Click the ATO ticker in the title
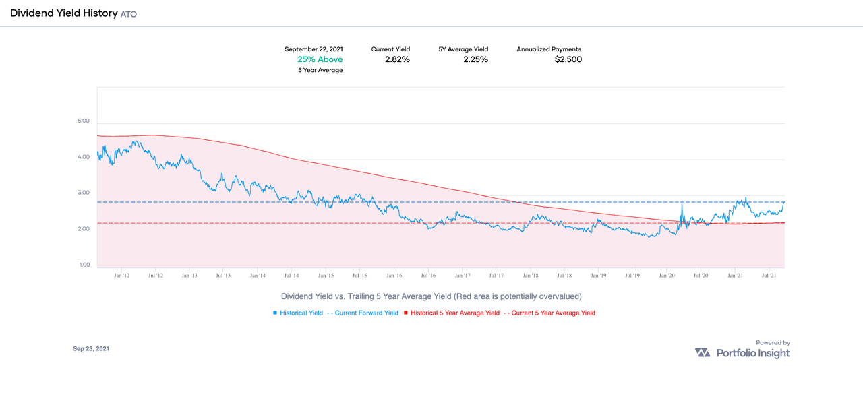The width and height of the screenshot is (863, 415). tap(128, 14)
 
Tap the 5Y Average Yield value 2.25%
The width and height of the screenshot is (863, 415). tap(475, 59)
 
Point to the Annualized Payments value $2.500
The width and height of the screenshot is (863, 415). tap(568, 59)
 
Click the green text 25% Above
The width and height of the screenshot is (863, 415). tap(320, 59)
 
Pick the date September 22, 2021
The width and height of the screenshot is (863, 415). tap(314, 49)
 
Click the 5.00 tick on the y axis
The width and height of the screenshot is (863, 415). tap(84, 121)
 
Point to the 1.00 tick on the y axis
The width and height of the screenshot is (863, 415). tap(84, 265)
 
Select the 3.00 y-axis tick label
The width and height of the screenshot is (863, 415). tap(84, 193)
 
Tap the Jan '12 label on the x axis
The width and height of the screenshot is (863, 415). tap(122, 276)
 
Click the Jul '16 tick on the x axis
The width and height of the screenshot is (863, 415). tap(428, 276)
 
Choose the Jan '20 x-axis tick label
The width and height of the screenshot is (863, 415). tap(667, 276)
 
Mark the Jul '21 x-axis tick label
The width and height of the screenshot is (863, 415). tap(769, 276)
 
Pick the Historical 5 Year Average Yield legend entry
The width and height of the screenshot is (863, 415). tap(451, 313)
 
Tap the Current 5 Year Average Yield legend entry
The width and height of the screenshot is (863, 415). tap(549, 313)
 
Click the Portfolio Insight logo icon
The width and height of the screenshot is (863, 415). tap(703, 353)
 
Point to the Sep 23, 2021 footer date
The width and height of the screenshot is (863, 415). tap(91, 348)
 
